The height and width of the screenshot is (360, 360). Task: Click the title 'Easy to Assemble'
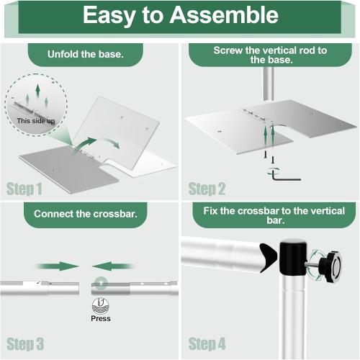click(179, 16)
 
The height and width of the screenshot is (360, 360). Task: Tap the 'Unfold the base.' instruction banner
click(85, 54)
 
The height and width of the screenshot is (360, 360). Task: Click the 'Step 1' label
click(24, 189)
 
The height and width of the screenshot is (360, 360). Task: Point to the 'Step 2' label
click(207, 189)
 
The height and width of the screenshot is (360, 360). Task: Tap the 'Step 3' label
click(25, 343)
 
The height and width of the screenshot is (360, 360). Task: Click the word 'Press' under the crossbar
click(101, 318)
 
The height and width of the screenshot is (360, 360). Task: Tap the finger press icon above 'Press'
click(101, 305)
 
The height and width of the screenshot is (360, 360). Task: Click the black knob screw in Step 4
click(332, 264)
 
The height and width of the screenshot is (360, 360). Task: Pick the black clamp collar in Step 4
click(293, 260)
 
